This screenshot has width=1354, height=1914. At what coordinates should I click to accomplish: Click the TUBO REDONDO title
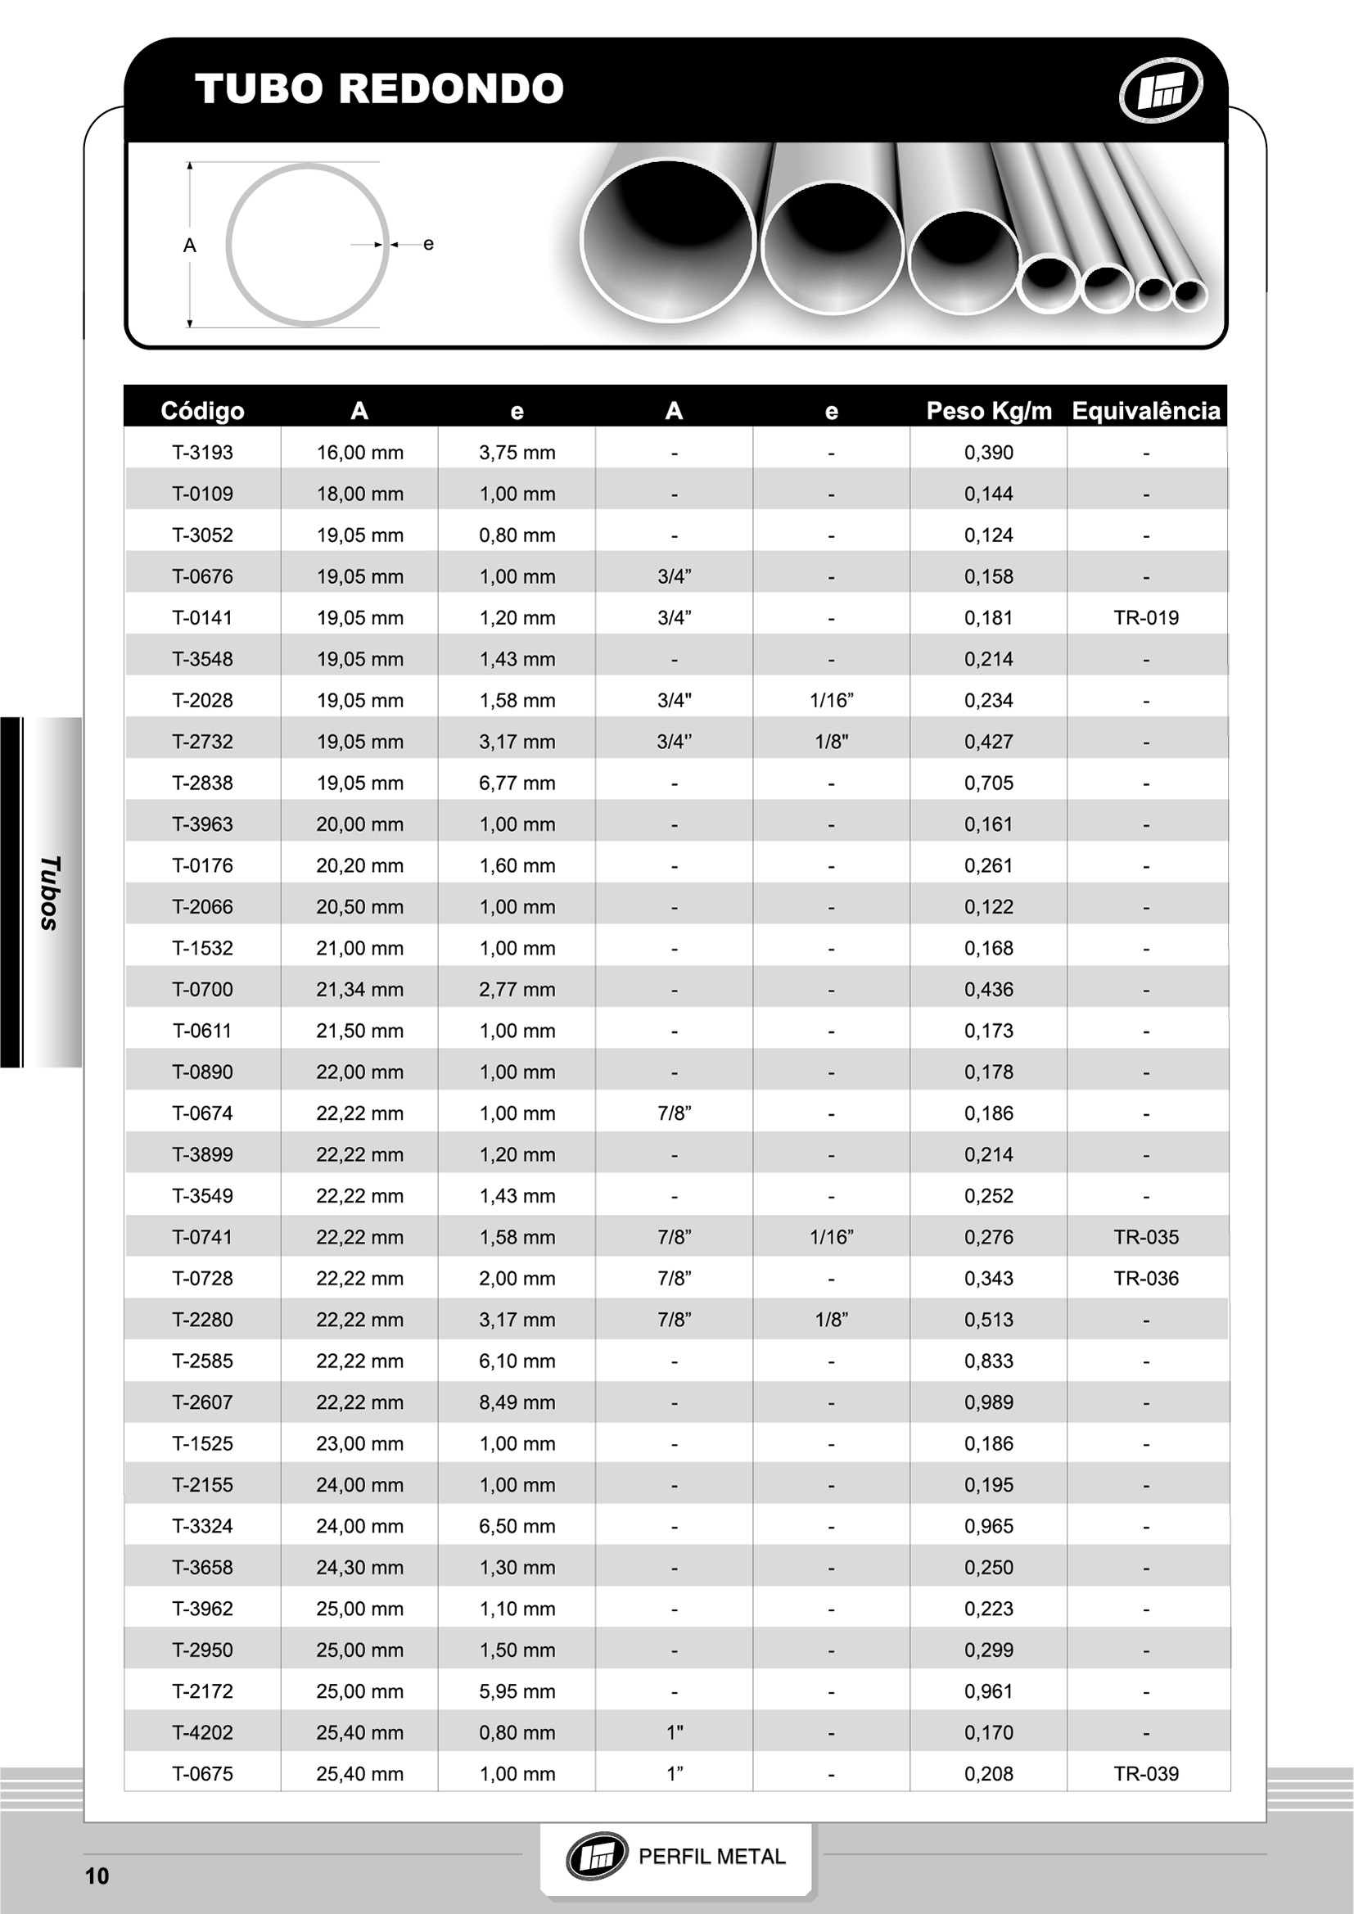(x=379, y=88)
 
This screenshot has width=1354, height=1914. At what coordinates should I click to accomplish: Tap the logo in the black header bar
(x=1160, y=89)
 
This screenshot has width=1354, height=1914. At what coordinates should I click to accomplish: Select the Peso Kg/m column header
(x=988, y=411)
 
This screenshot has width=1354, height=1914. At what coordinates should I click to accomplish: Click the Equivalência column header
(x=1145, y=411)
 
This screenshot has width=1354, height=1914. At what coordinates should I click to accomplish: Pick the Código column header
(x=201, y=411)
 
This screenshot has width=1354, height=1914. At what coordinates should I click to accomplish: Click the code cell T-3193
(x=201, y=453)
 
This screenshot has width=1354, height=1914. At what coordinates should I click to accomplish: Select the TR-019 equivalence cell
(x=1145, y=618)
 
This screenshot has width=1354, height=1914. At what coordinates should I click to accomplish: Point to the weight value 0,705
(x=988, y=783)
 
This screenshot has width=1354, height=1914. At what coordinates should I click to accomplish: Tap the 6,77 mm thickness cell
(x=517, y=783)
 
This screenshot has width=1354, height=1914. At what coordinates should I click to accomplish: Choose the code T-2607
(x=201, y=1402)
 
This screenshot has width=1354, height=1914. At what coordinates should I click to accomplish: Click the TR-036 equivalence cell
(x=1145, y=1278)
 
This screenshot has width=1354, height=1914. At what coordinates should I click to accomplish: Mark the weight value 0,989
(x=988, y=1402)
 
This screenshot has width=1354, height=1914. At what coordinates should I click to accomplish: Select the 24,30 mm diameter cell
(x=359, y=1567)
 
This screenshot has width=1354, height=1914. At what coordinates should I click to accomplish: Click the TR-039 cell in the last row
(x=1145, y=1773)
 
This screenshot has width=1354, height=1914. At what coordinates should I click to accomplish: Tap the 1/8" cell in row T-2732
(x=831, y=742)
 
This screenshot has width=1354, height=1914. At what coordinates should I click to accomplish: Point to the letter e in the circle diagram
(x=428, y=243)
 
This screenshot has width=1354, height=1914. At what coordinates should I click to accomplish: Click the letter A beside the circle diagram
(x=190, y=245)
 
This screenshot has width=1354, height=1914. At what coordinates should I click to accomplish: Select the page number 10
(x=97, y=1876)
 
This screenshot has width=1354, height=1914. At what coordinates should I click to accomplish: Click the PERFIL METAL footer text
(x=711, y=1857)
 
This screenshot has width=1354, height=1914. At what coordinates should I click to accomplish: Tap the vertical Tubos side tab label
(x=50, y=892)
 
